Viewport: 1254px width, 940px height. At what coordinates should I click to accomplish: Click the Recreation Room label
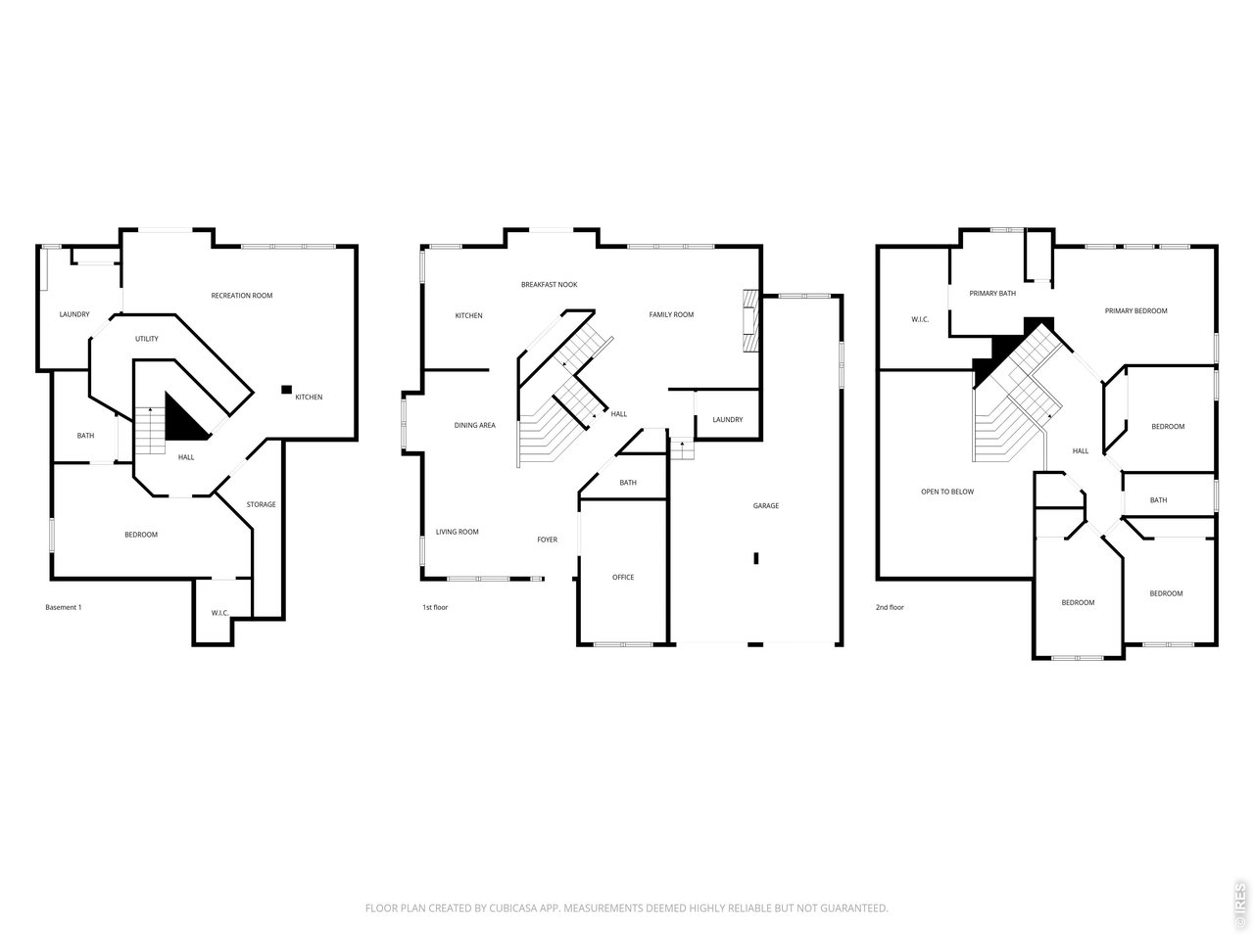(242, 296)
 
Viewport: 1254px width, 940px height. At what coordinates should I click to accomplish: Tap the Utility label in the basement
(147, 339)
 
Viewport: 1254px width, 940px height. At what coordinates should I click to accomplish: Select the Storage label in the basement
(261, 504)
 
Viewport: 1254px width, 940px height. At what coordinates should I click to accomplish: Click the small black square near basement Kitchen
(287, 390)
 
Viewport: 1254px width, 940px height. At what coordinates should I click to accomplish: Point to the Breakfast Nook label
(549, 285)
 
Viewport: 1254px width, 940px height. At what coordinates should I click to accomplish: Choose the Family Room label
(671, 314)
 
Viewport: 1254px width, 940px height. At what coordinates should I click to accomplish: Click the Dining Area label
(475, 425)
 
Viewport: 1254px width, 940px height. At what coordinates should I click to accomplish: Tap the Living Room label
(458, 532)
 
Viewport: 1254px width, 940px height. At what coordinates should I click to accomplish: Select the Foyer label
(548, 540)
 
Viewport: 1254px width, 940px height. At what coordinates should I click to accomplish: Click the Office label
(623, 578)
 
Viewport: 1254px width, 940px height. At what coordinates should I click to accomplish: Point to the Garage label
(766, 505)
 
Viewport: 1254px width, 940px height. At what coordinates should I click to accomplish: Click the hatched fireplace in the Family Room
(751, 321)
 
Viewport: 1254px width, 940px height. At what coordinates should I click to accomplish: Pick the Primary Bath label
(993, 294)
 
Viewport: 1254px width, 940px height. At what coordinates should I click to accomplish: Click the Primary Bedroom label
(1135, 311)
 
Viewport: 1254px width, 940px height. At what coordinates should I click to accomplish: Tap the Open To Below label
(947, 492)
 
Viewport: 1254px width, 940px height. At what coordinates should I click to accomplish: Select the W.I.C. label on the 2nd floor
(920, 319)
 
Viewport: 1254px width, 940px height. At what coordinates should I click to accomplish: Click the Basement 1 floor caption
(64, 607)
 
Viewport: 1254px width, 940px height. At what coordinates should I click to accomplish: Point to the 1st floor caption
(435, 607)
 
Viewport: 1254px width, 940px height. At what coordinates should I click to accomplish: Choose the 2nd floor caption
(891, 607)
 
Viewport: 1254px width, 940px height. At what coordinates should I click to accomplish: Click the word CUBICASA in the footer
(511, 908)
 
